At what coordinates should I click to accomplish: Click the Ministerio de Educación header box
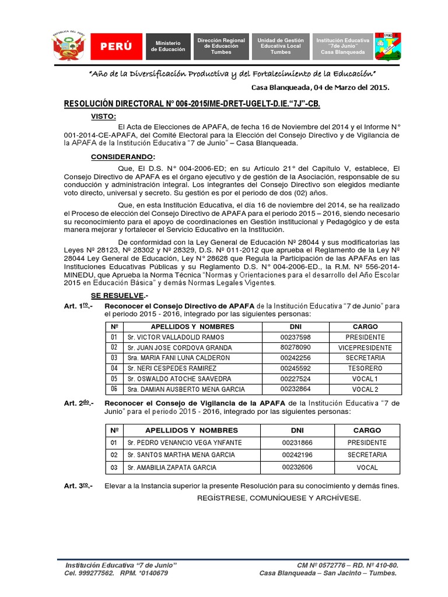168,47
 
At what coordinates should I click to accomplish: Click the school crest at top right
387,47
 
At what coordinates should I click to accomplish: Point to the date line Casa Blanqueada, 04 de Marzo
320,87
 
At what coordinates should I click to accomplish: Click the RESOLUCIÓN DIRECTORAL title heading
192,103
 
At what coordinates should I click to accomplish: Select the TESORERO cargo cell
365,368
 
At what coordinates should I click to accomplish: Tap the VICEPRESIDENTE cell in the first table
365,347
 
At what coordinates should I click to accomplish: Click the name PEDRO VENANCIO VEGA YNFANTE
176,443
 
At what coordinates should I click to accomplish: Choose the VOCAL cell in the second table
366,468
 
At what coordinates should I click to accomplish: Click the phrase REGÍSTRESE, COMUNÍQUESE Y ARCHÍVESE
279,498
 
